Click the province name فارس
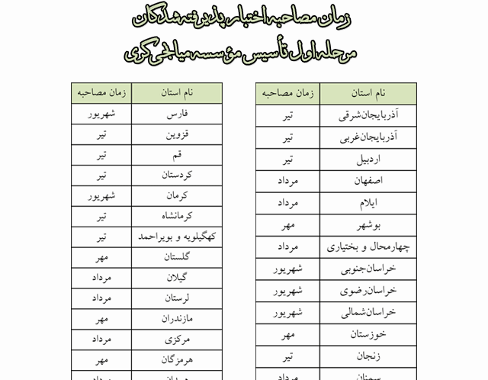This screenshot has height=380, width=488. point(177,114)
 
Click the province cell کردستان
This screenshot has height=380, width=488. point(177,176)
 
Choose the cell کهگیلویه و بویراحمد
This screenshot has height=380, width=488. point(177,237)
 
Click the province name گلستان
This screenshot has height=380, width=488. point(177,258)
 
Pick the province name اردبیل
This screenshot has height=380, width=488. point(367,160)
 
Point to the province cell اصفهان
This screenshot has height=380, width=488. point(367,182)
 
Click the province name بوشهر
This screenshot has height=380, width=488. point(367,226)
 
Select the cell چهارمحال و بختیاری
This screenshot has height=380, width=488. point(367,247)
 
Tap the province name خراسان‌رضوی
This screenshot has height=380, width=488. point(367,291)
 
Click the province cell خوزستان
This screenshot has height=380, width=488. point(367,335)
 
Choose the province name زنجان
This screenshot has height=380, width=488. point(367,356)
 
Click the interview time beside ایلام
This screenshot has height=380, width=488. point(287,204)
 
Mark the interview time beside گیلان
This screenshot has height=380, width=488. point(101,278)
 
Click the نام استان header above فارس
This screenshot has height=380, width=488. point(177,92)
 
